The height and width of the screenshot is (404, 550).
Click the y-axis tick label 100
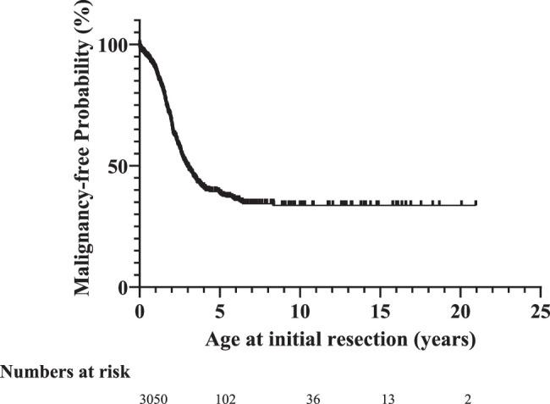point(113,45)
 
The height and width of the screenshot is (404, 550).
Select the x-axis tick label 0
point(140,311)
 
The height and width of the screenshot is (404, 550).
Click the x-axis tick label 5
point(220,311)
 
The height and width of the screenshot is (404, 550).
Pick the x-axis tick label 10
point(300,311)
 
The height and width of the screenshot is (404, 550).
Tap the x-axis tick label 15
point(381,311)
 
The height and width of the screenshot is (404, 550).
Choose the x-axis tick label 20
point(461,311)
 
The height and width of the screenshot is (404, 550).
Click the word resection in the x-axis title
point(355,340)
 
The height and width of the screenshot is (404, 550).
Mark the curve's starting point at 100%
point(140,46)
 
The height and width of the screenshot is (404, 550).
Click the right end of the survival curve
point(476,204)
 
